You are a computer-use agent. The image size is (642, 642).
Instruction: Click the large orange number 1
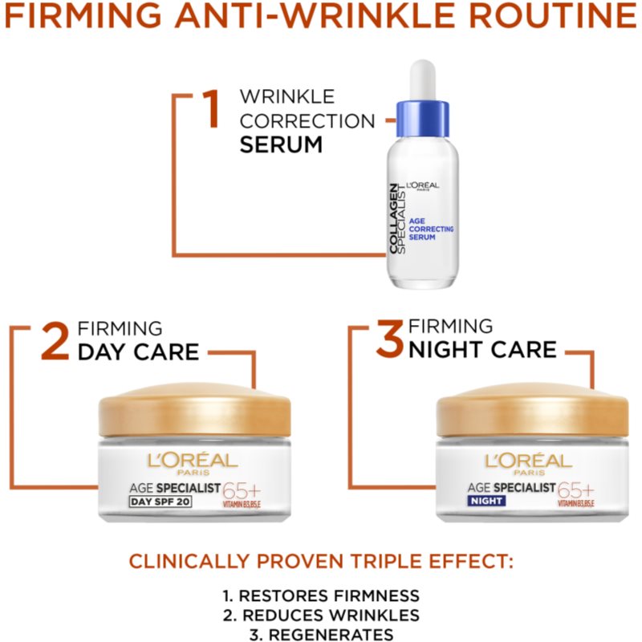click(x=211, y=108)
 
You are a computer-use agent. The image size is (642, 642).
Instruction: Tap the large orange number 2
click(x=55, y=340)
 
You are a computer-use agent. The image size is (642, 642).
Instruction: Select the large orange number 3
click(x=389, y=339)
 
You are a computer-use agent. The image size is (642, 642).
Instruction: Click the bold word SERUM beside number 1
click(x=281, y=144)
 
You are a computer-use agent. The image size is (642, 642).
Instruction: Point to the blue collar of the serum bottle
click(x=423, y=119)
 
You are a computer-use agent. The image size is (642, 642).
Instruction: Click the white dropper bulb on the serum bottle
click(x=423, y=80)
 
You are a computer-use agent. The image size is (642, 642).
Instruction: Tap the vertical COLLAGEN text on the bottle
click(x=393, y=218)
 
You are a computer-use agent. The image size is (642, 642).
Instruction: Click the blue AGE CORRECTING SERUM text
click(x=431, y=229)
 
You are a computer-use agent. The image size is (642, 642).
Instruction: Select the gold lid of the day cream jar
click(x=195, y=409)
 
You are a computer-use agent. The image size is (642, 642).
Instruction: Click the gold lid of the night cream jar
click(x=532, y=409)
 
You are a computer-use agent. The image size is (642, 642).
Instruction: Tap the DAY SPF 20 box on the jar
click(x=160, y=502)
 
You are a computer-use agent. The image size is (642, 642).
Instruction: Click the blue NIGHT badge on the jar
click(x=486, y=501)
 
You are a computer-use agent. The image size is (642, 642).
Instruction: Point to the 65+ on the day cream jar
click(x=242, y=490)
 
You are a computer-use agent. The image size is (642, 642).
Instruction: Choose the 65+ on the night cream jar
click(x=575, y=490)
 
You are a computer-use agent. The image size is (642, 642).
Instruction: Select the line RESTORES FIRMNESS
click(x=321, y=595)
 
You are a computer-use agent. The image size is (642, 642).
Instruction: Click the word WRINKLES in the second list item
click(x=375, y=616)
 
